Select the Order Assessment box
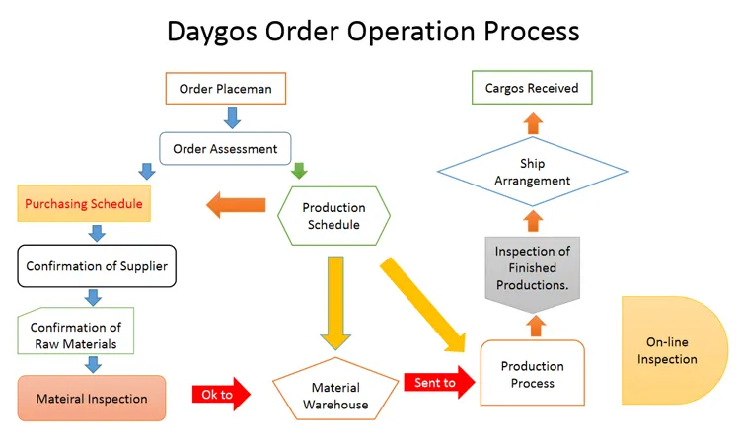pos(225,149)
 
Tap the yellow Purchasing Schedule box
pos(84,204)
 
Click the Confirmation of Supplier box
pos(97,266)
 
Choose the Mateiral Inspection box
pos(92,399)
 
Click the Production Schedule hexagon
pos(333,216)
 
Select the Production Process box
pos(532,374)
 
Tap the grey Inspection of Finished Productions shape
pos(532,266)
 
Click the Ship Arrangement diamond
pos(532,173)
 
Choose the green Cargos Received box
pos(532,88)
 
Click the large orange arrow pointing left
pos(237,205)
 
